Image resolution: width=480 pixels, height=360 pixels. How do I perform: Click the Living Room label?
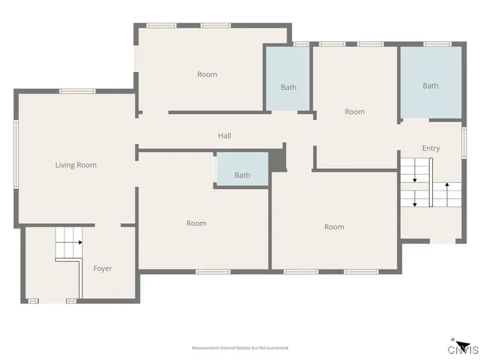click(76, 165)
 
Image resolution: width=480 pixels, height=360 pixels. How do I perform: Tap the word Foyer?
click(103, 268)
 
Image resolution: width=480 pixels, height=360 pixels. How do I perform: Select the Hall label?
click(224, 136)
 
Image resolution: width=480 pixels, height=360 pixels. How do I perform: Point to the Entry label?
click(430, 148)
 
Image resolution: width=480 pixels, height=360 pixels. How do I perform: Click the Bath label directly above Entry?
click(430, 86)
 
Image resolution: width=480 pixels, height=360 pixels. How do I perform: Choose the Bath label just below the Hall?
click(242, 175)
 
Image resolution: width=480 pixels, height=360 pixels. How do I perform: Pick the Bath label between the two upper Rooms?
click(289, 88)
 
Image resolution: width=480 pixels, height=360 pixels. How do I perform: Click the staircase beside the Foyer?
click(68, 245)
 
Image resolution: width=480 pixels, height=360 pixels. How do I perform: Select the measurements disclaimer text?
click(240, 348)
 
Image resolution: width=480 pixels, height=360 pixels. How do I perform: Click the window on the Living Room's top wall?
click(76, 91)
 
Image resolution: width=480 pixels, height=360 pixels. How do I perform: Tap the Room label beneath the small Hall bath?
click(196, 223)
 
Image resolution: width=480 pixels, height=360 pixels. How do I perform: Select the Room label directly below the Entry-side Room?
click(334, 227)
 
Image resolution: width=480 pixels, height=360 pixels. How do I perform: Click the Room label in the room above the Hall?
click(207, 74)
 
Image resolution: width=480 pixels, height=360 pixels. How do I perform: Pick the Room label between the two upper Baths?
click(355, 112)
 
